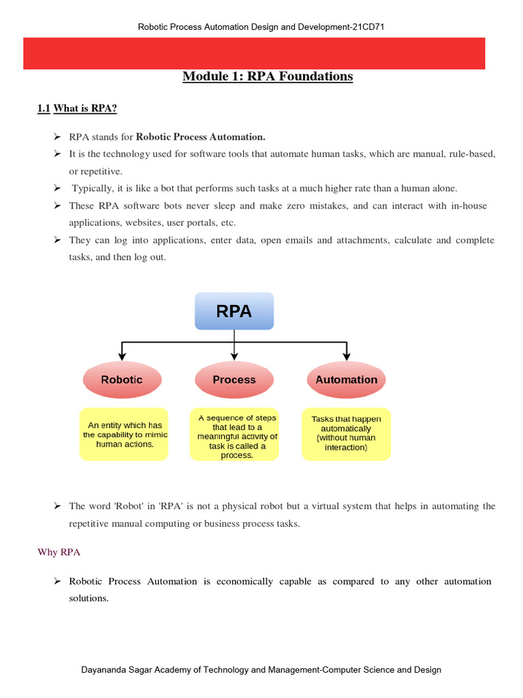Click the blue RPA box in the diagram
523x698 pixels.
point(234,312)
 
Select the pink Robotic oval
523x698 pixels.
point(122,380)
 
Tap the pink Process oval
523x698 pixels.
point(234,380)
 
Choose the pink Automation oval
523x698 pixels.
point(346,380)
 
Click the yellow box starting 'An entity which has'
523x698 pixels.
point(125,434)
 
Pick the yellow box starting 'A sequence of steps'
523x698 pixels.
point(234,436)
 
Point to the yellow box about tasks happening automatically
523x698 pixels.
point(346,434)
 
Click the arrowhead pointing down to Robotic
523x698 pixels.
point(122,355)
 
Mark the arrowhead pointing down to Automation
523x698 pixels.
point(346,355)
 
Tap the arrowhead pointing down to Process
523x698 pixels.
point(234,355)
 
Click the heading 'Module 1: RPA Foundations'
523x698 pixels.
point(268,76)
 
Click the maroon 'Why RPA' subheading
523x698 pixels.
point(59,552)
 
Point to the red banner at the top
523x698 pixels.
point(254,53)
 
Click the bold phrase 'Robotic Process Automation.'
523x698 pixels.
point(201,136)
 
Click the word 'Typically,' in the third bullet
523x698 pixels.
point(93,188)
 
